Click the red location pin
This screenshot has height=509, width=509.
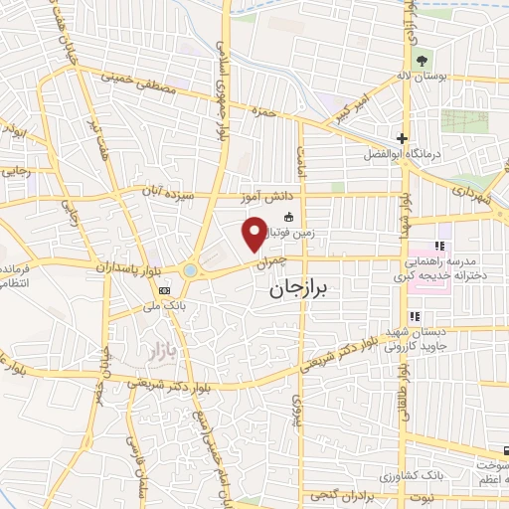click(254, 233)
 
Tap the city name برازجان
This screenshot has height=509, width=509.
click(303, 289)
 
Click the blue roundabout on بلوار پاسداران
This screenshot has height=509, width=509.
click(190, 269)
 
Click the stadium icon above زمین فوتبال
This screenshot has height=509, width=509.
click(289, 217)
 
